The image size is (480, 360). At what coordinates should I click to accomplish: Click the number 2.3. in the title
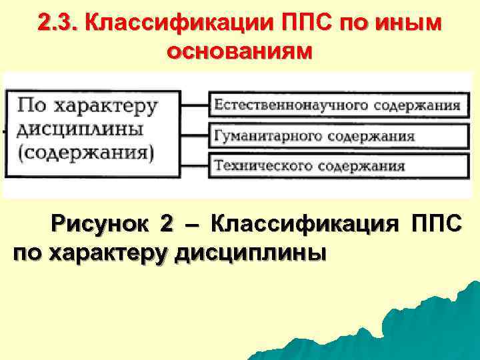pyautogui.click(x=59, y=23)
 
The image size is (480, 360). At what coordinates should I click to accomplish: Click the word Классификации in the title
pyautogui.click(x=176, y=23)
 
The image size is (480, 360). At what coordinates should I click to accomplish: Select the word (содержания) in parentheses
pyautogui.click(x=86, y=152)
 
